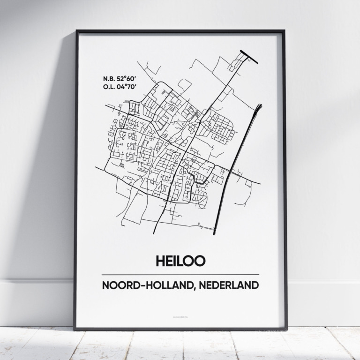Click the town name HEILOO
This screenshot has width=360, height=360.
click(x=180, y=261)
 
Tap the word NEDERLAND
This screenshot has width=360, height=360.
click(x=231, y=285)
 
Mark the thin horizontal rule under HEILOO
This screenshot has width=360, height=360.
click(x=180, y=275)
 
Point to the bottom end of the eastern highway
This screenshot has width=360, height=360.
click(x=215, y=232)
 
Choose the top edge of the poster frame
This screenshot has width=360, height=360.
click(x=180, y=31)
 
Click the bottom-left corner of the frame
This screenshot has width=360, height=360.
click(x=75, y=329)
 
